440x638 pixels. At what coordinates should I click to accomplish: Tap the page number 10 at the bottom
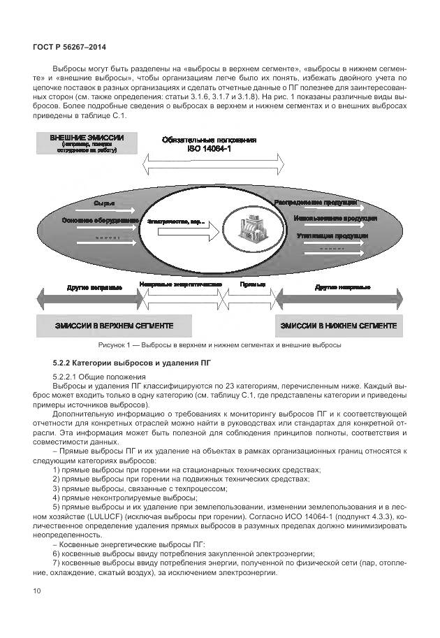pos(36,592)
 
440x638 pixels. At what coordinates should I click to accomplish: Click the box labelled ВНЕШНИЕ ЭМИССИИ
pos(87,143)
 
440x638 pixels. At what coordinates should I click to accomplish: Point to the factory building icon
pos(251,230)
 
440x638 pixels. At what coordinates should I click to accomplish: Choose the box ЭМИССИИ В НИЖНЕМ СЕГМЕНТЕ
pos(339,326)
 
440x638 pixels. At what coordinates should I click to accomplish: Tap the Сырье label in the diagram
pos(104,203)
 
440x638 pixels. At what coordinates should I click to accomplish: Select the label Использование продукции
pos(316,219)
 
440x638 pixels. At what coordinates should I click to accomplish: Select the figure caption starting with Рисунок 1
pos(219,345)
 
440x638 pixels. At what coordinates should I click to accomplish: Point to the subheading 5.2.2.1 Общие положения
pos(94,377)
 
